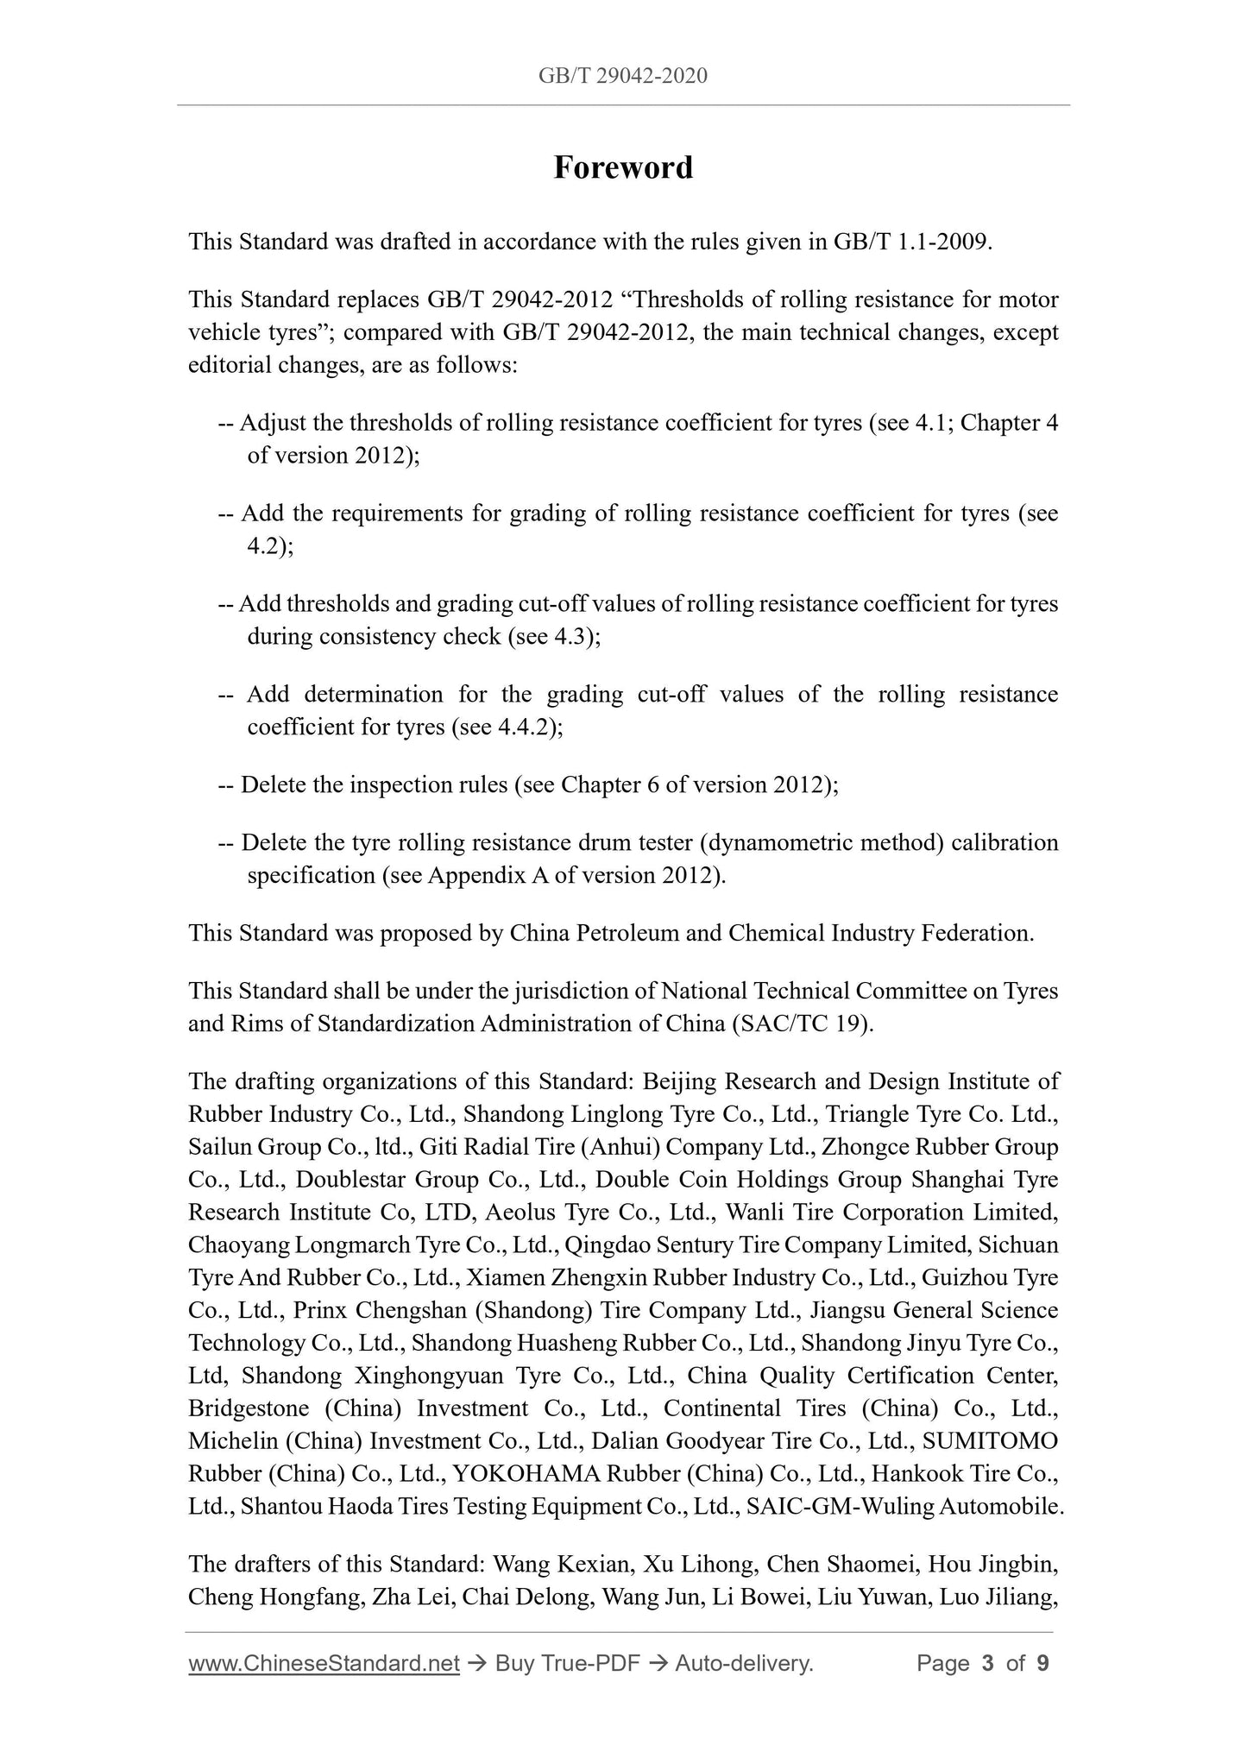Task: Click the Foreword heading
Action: tap(623, 167)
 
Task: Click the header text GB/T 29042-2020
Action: tap(623, 76)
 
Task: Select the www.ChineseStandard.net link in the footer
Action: tap(324, 1664)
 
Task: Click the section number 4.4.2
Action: tap(526, 728)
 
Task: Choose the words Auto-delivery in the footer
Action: tap(744, 1664)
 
